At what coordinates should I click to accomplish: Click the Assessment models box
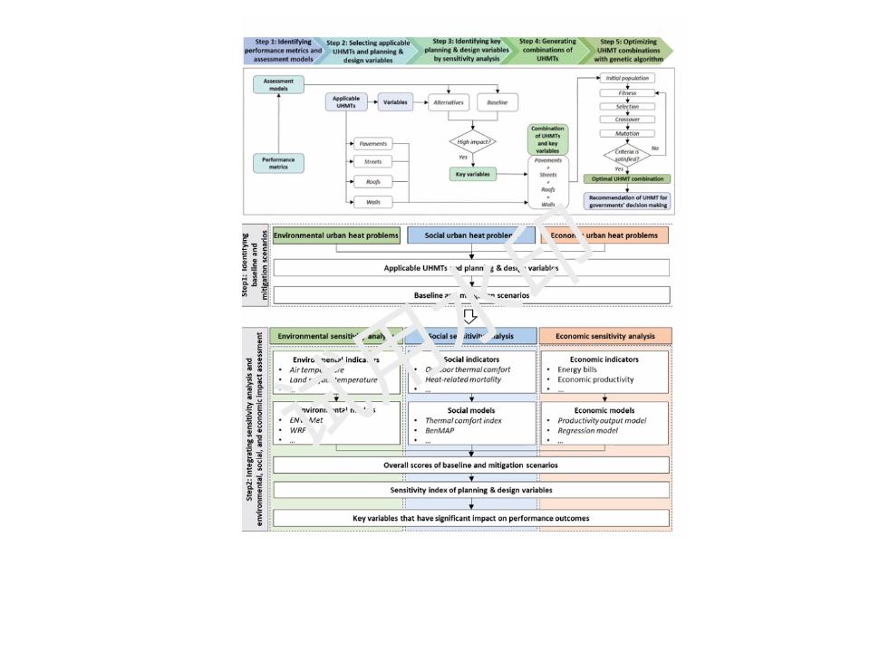pos(279,84)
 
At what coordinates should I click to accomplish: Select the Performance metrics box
pos(279,163)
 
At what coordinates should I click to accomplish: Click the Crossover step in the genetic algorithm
pos(628,120)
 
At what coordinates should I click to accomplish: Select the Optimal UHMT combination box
pos(628,179)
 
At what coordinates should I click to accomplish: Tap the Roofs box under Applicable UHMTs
pos(373,181)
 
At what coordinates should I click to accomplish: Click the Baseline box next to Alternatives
pos(497,103)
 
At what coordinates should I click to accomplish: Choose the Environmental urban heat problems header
pos(336,235)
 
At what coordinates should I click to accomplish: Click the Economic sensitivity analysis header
pos(605,336)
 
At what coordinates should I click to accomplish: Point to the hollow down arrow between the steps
pos(470,316)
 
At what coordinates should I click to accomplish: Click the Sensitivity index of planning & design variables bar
pos(470,490)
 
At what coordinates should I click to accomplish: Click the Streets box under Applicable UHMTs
pos(373,162)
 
